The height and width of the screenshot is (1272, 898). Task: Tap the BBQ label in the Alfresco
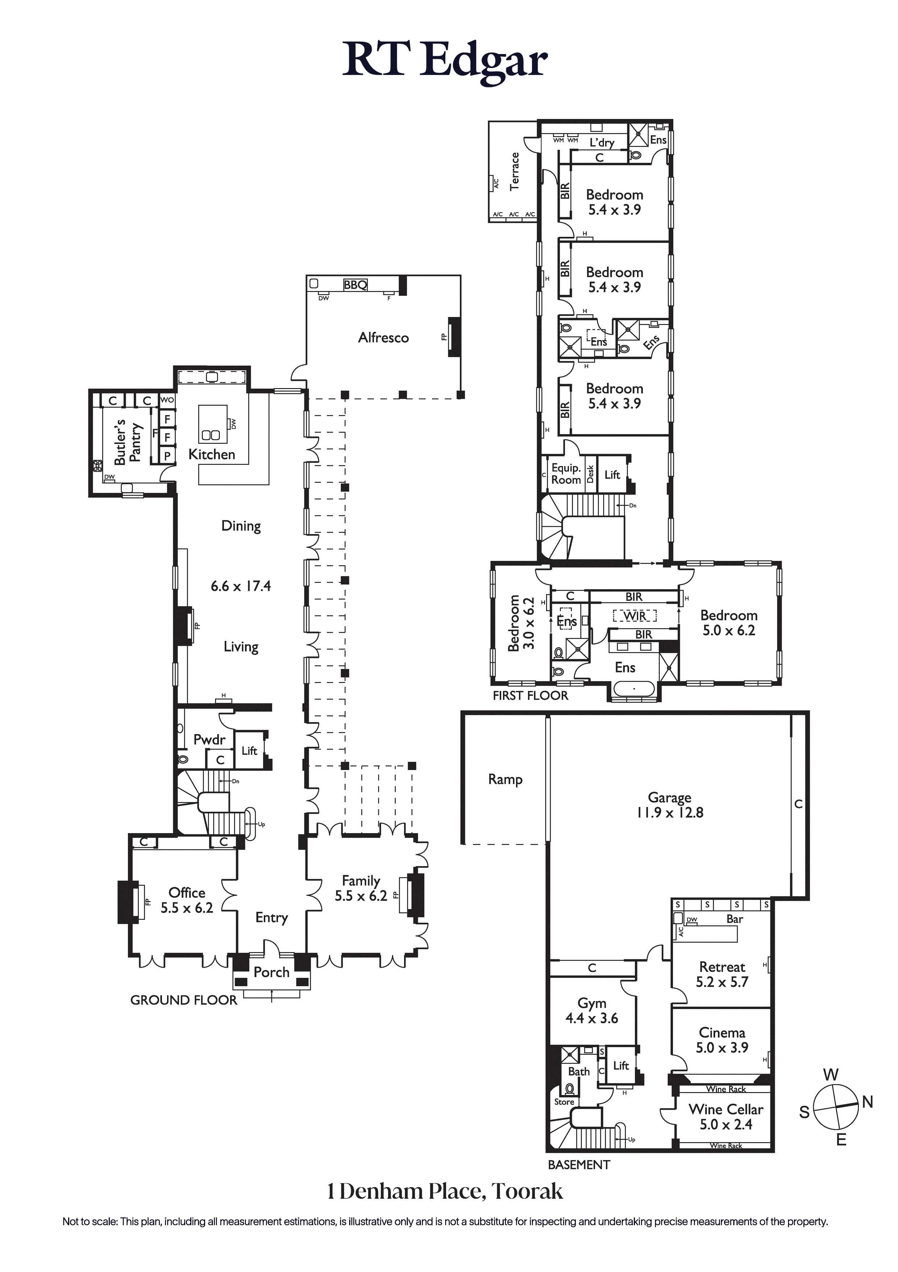[x=355, y=285]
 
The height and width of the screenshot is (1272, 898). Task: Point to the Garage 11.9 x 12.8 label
[x=670, y=805]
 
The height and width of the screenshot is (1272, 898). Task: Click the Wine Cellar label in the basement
[x=726, y=1109]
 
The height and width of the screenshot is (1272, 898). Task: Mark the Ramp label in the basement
[x=506, y=779]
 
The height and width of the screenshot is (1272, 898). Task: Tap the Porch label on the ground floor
[x=271, y=972]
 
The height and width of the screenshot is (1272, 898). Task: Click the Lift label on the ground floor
[x=250, y=751]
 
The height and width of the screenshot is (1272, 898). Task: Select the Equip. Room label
[x=566, y=474]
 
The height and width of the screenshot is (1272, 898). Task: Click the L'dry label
[x=602, y=143]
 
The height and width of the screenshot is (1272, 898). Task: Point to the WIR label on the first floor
[x=635, y=616]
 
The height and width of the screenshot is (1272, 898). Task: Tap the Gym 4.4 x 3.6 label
[x=592, y=1010]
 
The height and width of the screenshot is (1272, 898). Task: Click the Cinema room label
[x=722, y=1033]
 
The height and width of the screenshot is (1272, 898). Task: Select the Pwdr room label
[x=209, y=740]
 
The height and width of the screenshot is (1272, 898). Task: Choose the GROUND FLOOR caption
[x=183, y=1000]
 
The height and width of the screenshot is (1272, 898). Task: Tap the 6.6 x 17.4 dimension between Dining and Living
[x=241, y=586]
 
